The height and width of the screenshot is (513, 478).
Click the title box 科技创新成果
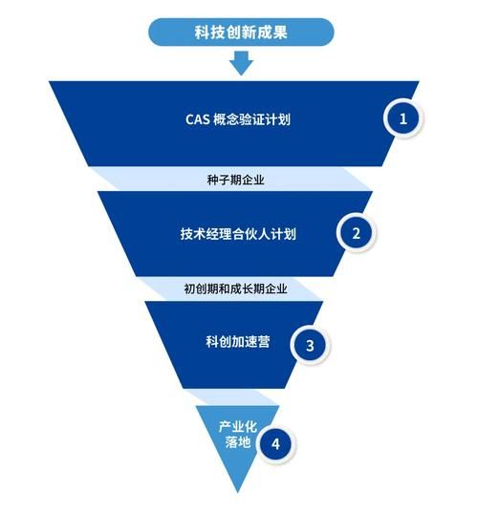click(241, 32)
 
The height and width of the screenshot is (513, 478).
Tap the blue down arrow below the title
click(241, 63)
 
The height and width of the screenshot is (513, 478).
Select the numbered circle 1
click(403, 119)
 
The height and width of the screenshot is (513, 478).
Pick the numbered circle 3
click(310, 344)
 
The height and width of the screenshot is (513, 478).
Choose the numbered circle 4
click(275, 444)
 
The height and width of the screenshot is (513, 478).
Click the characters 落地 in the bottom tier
click(233, 442)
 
